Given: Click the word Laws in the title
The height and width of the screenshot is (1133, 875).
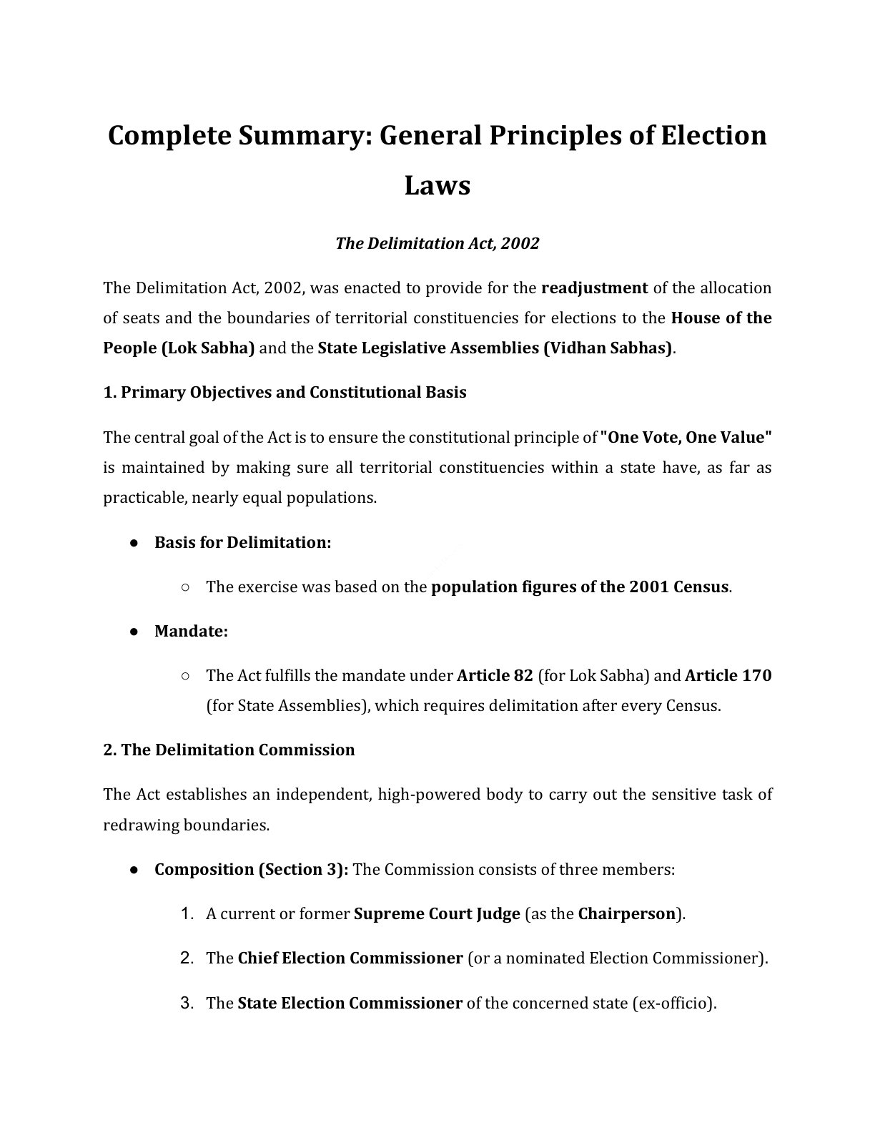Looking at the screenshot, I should coord(437,185).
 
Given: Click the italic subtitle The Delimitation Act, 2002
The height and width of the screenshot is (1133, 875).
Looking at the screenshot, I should coord(437,243).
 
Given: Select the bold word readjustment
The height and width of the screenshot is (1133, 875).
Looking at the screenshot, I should coord(594,288).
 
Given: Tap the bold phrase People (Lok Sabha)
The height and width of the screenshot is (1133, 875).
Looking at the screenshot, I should coord(179,348).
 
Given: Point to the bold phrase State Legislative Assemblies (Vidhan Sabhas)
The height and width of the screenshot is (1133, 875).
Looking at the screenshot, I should coord(495,348).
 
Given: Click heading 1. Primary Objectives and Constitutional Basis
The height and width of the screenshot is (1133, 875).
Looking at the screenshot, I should coord(285,392).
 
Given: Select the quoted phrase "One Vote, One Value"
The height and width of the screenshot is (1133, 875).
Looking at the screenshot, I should coord(686,437).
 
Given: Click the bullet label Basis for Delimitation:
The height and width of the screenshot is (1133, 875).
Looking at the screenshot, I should coord(242,542).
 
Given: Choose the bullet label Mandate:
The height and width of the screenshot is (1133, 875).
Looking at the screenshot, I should coord(191,632).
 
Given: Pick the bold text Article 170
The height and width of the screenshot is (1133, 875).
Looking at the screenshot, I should coord(728,675).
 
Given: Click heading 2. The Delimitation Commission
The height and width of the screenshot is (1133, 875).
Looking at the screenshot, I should coord(229,750).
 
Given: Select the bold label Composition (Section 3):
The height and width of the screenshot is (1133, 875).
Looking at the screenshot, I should coord(251,869).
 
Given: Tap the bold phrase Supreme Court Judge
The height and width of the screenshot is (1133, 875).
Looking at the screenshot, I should coord(437,913).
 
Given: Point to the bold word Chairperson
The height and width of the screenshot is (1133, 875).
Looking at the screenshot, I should coord(626,913).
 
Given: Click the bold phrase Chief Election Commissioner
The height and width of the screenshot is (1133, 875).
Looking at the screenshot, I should coord(350,958).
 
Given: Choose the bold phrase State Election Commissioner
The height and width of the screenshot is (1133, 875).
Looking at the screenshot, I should coord(350,1003).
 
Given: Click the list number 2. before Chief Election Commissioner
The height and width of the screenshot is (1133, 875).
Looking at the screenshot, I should coord(187,958).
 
